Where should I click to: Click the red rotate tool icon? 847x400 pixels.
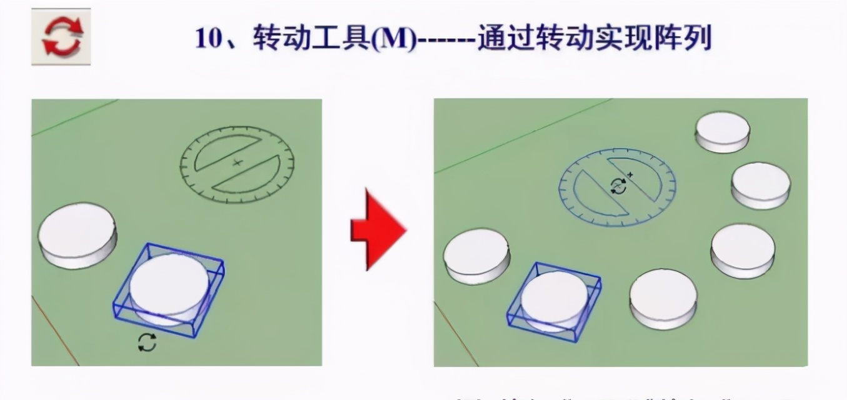(x=61, y=37)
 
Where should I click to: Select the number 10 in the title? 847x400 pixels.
(x=209, y=39)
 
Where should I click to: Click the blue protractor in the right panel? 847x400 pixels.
(x=617, y=186)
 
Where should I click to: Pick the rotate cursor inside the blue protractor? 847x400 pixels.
(x=618, y=186)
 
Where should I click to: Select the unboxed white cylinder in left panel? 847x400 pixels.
(x=77, y=234)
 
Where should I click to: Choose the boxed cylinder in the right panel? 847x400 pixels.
(x=555, y=301)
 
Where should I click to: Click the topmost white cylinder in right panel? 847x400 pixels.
(x=723, y=132)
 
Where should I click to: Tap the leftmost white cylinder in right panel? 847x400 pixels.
(x=476, y=255)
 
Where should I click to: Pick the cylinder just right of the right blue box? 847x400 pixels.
(x=663, y=297)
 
